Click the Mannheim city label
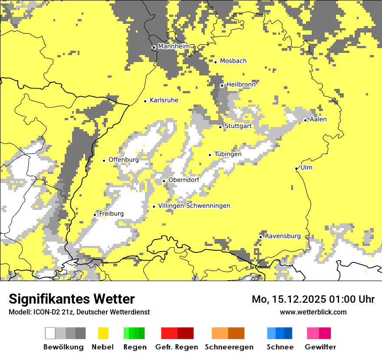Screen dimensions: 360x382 pyautogui.click(x=174, y=46)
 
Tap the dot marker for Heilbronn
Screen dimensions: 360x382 pyautogui.click(x=222, y=85)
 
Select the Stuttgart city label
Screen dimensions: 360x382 pyautogui.click(x=238, y=126)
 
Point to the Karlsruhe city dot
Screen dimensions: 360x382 pyautogui.click(x=145, y=101)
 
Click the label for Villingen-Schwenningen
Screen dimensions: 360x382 pyautogui.click(x=194, y=206)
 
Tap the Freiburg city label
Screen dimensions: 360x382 pyautogui.click(x=111, y=214)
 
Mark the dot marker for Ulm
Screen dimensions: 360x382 pyautogui.click(x=296, y=168)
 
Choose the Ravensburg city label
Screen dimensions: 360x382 pyautogui.click(x=283, y=236)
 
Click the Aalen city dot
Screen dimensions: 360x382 pyautogui.click(x=305, y=120)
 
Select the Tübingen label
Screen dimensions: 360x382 pyautogui.click(x=228, y=154)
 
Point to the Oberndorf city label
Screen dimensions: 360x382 pyautogui.click(x=184, y=180)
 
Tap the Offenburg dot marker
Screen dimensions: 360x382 pyautogui.click(x=104, y=160)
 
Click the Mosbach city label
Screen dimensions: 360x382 pyautogui.click(x=233, y=61)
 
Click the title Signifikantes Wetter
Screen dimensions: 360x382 pyautogui.click(x=72, y=299)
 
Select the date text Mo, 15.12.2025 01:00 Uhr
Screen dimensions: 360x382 pyautogui.click(x=313, y=299)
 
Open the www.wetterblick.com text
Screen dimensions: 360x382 pyautogui.click(x=313, y=312)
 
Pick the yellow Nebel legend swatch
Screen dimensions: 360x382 pyautogui.click(x=103, y=333)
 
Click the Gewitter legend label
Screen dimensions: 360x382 pyautogui.click(x=320, y=347)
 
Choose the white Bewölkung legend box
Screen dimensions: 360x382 pyautogui.click(x=50, y=333)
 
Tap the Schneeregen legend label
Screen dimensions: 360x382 pyautogui.click(x=229, y=347)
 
